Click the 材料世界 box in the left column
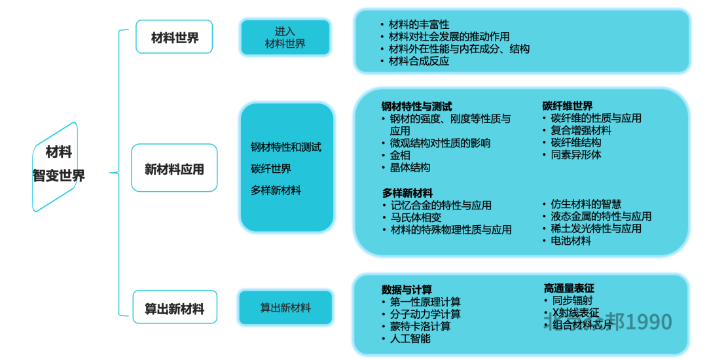click(174, 37)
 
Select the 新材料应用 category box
click(174, 169)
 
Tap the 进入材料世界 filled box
click(285, 38)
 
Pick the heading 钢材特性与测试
click(416, 106)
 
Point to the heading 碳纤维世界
click(568, 106)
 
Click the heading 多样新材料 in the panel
click(407, 193)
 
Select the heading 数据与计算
click(407, 290)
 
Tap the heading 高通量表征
click(569, 289)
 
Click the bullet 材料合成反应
click(419, 61)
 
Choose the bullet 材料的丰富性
click(419, 24)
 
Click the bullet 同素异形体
click(576, 155)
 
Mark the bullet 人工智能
click(410, 338)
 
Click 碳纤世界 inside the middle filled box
click(271, 169)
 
